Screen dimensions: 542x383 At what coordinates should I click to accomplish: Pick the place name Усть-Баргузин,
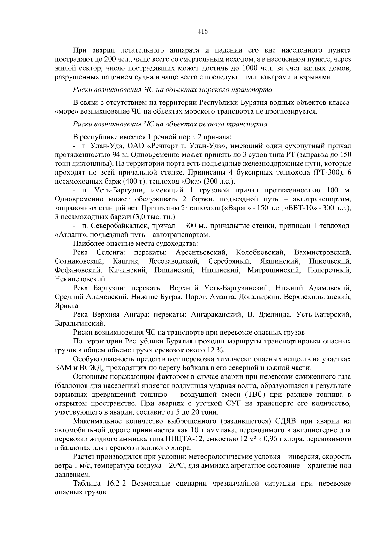(x=116, y=191)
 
